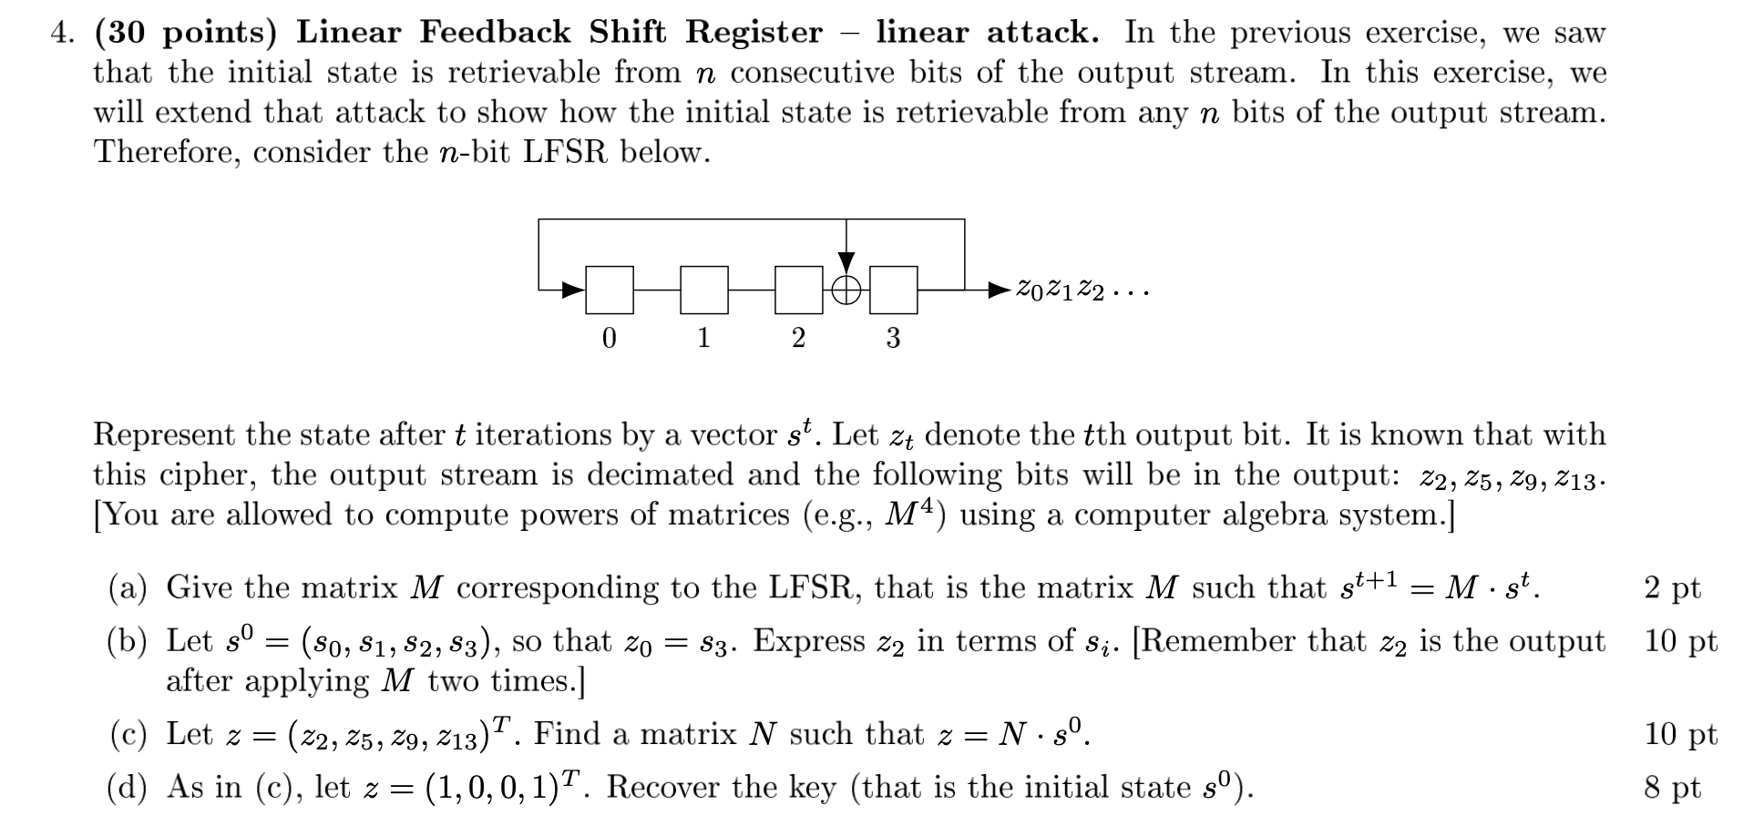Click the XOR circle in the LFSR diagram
coord(846,291)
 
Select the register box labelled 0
coord(610,291)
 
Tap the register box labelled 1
coord(704,291)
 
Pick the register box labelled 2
coord(799,291)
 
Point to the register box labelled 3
coord(894,291)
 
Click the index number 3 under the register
coord(893,338)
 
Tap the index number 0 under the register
coord(610,338)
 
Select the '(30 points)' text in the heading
coord(185,33)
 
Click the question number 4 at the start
coord(60,33)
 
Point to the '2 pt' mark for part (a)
coord(1672,588)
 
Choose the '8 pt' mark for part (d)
coord(1672,788)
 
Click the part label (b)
coord(127,642)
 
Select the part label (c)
coord(127,735)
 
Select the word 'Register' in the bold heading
coord(754,33)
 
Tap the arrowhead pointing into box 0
coord(573,291)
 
